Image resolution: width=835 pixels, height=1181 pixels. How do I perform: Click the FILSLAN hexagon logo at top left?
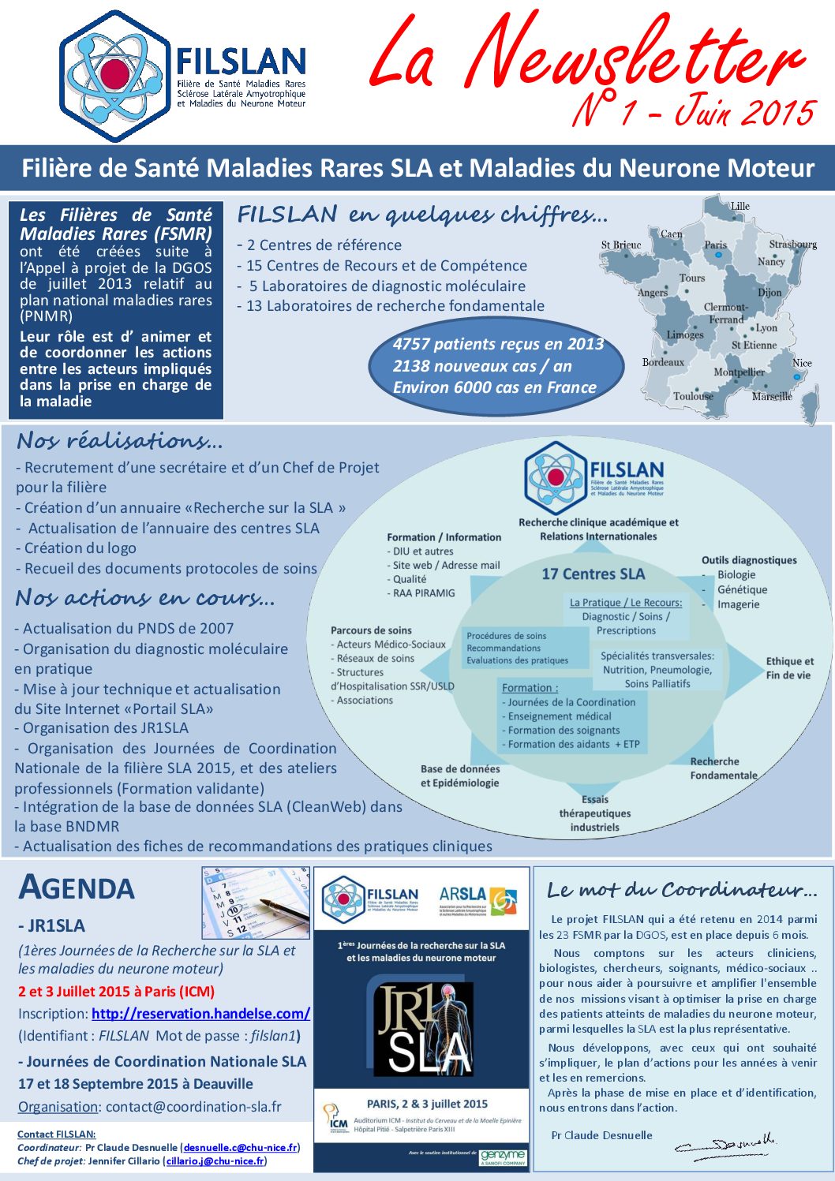(x=115, y=76)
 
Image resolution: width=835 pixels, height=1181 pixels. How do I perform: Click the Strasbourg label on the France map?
(x=792, y=245)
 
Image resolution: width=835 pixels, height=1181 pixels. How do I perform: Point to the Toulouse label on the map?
(x=693, y=396)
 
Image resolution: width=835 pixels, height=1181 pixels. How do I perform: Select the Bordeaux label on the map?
(x=663, y=362)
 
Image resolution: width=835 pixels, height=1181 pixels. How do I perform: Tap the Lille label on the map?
(x=740, y=207)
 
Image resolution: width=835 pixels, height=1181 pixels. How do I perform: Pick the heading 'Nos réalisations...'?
(x=120, y=440)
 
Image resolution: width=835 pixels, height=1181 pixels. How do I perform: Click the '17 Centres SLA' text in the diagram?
(x=593, y=574)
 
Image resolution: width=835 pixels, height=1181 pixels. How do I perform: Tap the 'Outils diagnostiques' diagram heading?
(x=749, y=560)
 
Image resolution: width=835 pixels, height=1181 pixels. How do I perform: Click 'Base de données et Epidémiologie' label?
(x=459, y=775)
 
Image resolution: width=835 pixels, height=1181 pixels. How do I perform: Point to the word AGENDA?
(x=77, y=888)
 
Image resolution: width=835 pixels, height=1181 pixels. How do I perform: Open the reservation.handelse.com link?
(x=200, y=1014)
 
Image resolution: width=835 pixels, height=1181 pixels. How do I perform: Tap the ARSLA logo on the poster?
(x=477, y=899)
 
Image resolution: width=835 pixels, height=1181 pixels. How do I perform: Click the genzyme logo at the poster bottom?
(x=502, y=1157)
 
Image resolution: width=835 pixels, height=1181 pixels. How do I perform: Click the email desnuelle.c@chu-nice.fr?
(x=240, y=1148)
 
